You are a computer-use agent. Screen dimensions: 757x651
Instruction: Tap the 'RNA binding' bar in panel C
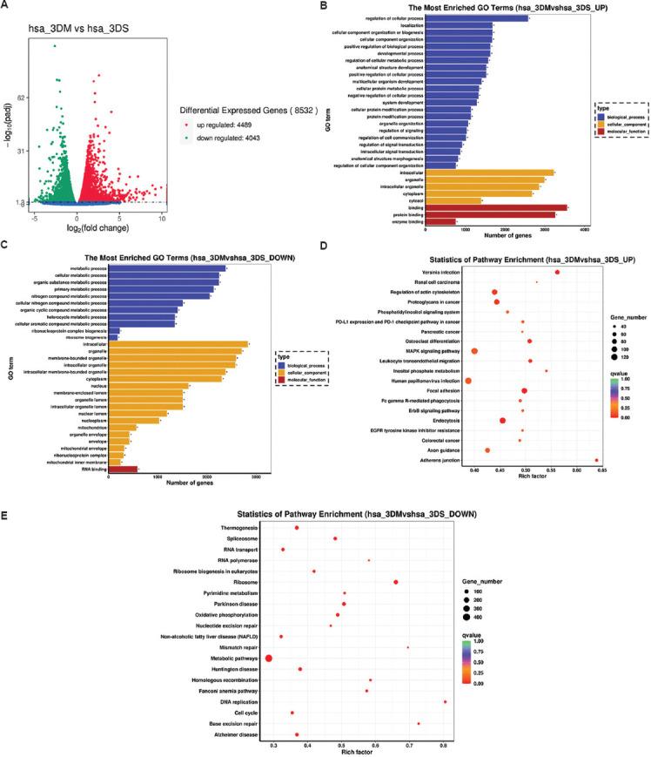coord(123,469)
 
